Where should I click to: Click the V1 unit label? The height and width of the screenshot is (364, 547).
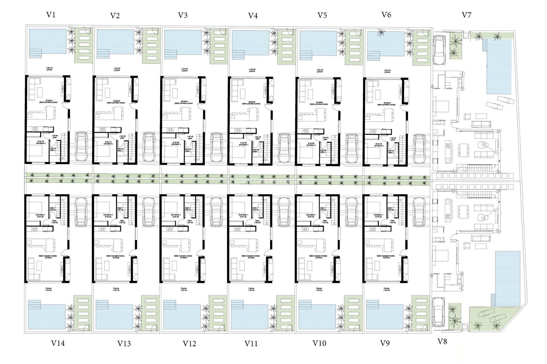coord(51,15)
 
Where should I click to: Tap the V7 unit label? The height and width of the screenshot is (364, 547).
coord(466,15)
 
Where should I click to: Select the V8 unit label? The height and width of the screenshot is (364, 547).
coord(442,342)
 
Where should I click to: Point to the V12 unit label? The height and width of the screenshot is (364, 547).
coord(189,344)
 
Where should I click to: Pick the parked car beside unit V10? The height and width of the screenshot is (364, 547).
coord(351,212)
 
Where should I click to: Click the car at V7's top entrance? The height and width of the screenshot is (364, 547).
coord(439,50)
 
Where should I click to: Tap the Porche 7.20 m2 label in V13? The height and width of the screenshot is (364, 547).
coord(116,289)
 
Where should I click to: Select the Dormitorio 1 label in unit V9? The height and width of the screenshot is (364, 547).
coord(378,216)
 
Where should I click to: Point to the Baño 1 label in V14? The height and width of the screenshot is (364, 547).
coord(52,209)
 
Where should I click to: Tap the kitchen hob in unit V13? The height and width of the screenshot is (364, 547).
coord(103,229)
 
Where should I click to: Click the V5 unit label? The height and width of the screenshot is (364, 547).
coord(322,15)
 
